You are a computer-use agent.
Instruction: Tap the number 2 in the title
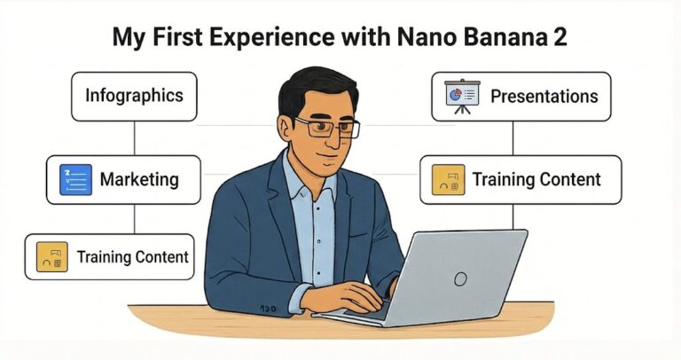[x=561, y=38]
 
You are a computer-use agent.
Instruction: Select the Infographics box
[x=134, y=94]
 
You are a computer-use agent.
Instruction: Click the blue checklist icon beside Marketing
[x=75, y=180]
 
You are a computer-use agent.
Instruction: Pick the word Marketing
[x=139, y=180]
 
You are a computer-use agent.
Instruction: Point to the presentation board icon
[x=460, y=96]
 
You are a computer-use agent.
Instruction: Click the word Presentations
[x=544, y=96]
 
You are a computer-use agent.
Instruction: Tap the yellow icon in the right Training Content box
[x=447, y=180]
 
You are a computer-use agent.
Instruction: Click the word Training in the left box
[x=106, y=257]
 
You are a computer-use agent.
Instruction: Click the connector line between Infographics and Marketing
[x=134, y=137]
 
